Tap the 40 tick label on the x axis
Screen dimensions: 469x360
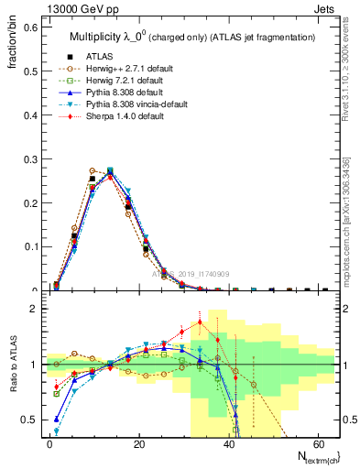click(x=229, y=442)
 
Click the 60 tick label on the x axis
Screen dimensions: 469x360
click(x=319, y=442)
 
